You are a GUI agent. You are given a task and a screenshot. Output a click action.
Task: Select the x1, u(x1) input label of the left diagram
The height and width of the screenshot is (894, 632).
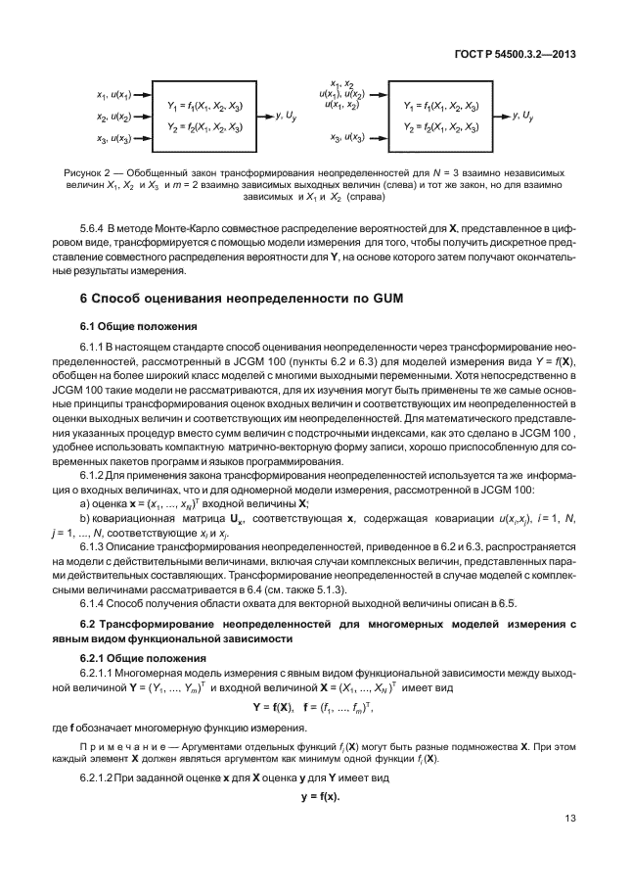pyautogui.click(x=113, y=95)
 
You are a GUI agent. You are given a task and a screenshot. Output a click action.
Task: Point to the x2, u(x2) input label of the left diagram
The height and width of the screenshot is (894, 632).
pyautogui.click(x=113, y=117)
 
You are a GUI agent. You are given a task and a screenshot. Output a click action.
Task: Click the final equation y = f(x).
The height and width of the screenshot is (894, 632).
pyautogui.click(x=315, y=795)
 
